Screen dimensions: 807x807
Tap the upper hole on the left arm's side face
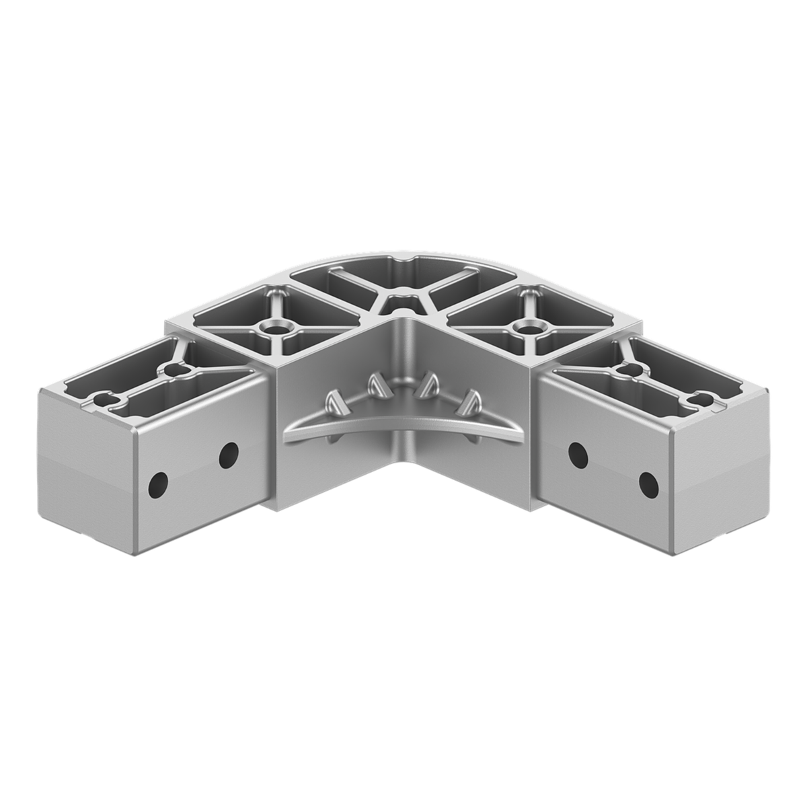click(229, 455)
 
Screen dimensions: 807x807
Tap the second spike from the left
click(373, 385)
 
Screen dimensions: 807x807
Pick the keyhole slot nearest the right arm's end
click(704, 397)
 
